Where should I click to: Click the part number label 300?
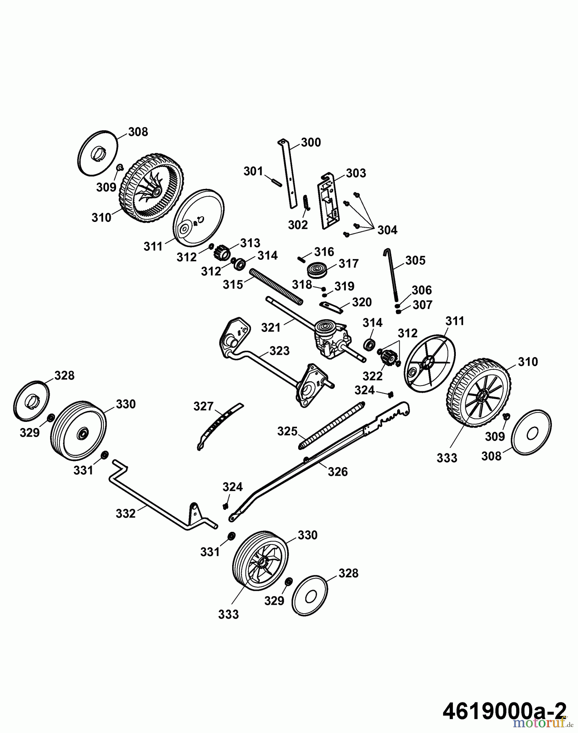point(311,143)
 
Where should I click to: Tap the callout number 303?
point(356,173)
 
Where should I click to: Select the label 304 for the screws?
point(387,230)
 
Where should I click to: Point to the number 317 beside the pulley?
point(348,263)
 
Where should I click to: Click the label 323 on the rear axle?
point(279,351)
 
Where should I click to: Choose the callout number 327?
point(203,406)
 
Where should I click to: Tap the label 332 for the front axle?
point(125,514)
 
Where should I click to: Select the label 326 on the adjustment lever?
point(338,472)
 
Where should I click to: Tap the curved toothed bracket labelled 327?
point(218,424)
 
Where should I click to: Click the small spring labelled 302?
point(307,202)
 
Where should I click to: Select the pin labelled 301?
point(275,180)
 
